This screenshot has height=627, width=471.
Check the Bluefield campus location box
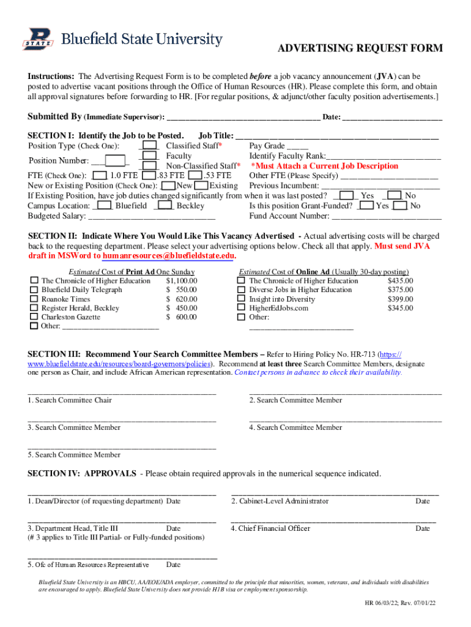pyautogui.click(x=105, y=206)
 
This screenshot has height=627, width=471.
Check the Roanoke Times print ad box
pyautogui.click(x=34, y=299)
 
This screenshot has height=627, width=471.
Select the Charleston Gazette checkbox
pyautogui.click(x=34, y=317)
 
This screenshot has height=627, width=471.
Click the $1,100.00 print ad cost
pyautogui.click(x=182, y=281)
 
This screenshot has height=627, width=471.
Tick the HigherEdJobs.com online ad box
pyautogui.click(x=242, y=308)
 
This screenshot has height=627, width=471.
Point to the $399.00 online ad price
pyautogui.click(x=400, y=299)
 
